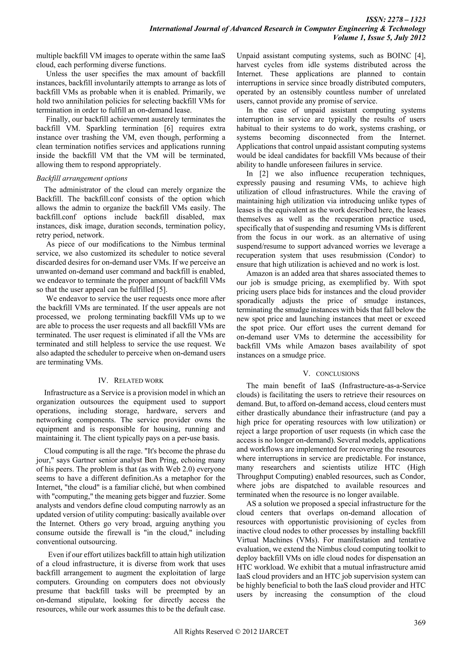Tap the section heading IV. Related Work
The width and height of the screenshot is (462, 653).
(x=131, y=381)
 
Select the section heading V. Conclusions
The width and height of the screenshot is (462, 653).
(x=331, y=374)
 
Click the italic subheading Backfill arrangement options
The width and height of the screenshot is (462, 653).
(x=82, y=178)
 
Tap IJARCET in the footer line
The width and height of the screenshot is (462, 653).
(x=274, y=640)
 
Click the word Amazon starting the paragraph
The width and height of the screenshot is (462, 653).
(x=259, y=274)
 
